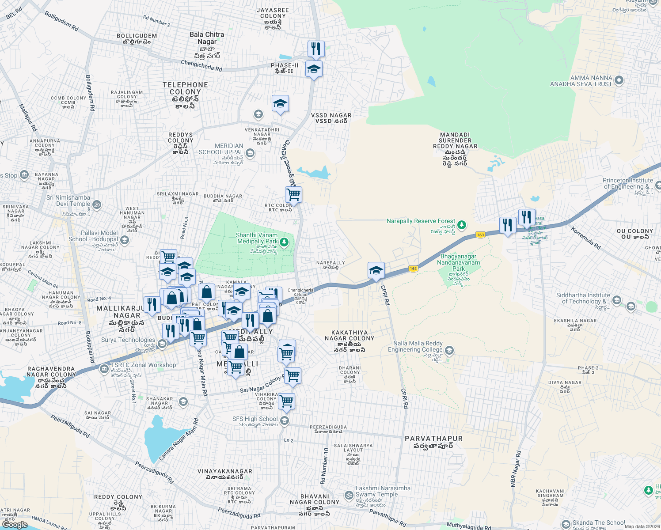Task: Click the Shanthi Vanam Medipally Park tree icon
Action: click(284, 242)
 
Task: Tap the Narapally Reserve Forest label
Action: click(420, 221)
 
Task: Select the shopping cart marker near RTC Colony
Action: click(293, 194)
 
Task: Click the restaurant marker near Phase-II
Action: click(316, 49)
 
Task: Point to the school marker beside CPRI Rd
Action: click(376, 270)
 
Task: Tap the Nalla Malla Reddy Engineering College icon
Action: click(449, 351)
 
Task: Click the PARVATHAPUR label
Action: click(433, 439)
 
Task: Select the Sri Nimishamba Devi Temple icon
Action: click(97, 204)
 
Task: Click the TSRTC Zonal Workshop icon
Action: click(104, 368)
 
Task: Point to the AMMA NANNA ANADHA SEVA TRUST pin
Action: click(619, 80)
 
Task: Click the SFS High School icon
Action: click(285, 420)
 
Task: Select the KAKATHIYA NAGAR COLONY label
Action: click(349, 335)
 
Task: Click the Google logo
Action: click(15, 524)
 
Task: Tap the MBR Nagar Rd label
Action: click(516, 469)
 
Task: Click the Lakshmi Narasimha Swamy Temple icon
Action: click(349, 495)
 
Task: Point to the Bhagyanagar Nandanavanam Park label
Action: click(458, 262)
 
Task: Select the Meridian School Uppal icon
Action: click(250, 153)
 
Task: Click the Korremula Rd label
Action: click(585, 238)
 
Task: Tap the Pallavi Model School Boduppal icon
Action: click(125, 240)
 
